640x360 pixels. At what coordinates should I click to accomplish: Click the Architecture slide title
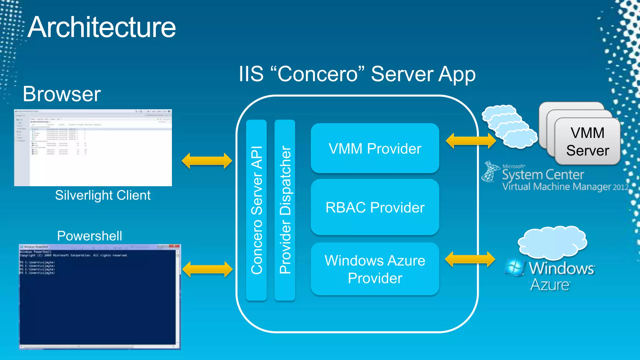[x=102, y=27]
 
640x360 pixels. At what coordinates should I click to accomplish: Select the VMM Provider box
[x=375, y=148]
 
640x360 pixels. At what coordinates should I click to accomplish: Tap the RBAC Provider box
[x=375, y=207]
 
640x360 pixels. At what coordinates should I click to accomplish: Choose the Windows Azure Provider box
[x=375, y=269]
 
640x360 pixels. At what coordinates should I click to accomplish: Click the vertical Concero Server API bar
[x=256, y=210]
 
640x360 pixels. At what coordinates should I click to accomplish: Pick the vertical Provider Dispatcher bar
[x=285, y=210]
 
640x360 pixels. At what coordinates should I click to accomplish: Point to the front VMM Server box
[x=587, y=142]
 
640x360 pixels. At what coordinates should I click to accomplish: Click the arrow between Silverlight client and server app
[x=207, y=161]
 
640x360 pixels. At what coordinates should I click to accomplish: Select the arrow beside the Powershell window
[x=207, y=269]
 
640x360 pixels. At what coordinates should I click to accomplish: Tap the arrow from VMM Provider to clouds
[x=471, y=141]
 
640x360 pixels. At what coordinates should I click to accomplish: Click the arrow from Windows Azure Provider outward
[x=470, y=259]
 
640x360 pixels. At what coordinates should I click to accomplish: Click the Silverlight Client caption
[x=103, y=195]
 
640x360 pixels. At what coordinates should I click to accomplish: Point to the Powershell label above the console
[x=90, y=236]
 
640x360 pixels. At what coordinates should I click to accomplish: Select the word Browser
[x=62, y=94]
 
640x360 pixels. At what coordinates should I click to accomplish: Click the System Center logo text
[x=543, y=175]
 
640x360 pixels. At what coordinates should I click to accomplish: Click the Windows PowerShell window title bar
[x=94, y=247]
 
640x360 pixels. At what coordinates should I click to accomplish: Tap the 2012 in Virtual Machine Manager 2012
[x=620, y=187]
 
